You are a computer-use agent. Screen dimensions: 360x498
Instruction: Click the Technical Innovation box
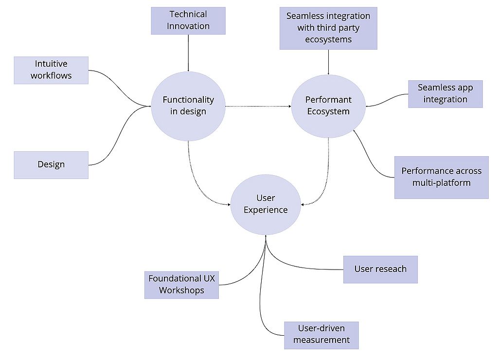tap(188, 20)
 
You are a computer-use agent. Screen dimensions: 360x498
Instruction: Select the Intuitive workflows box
tap(51, 70)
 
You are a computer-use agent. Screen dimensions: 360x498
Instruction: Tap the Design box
tap(51, 164)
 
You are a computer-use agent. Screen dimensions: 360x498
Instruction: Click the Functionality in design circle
tap(188, 106)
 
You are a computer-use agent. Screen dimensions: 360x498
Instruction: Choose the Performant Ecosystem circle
tap(328, 106)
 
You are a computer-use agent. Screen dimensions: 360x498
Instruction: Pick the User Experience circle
tap(266, 204)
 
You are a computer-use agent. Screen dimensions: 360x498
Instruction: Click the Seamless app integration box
tap(445, 93)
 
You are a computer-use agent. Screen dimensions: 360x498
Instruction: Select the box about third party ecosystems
tap(328, 28)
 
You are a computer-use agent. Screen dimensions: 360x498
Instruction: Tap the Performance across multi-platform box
tap(441, 177)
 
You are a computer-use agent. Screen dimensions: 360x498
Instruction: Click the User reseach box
tap(380, 269)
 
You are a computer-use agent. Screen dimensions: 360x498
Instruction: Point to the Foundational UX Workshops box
tap(181, 285)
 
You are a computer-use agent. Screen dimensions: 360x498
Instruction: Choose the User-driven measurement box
tap(321, 335)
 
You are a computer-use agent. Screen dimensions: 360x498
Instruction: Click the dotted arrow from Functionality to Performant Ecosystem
tap(258, 106)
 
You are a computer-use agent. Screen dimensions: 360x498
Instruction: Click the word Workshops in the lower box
tap(181, 291)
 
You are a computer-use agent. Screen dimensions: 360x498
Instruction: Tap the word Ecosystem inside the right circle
tap(328, 112)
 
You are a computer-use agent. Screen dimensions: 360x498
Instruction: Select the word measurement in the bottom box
tap(321, 340)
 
